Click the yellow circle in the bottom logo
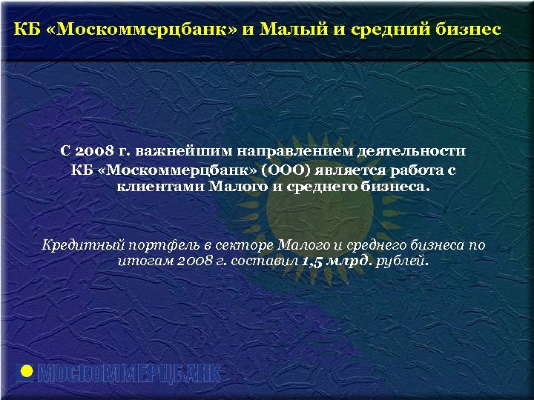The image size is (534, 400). tap(26, 373)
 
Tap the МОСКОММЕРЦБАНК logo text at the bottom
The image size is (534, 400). tap(129, 374)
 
